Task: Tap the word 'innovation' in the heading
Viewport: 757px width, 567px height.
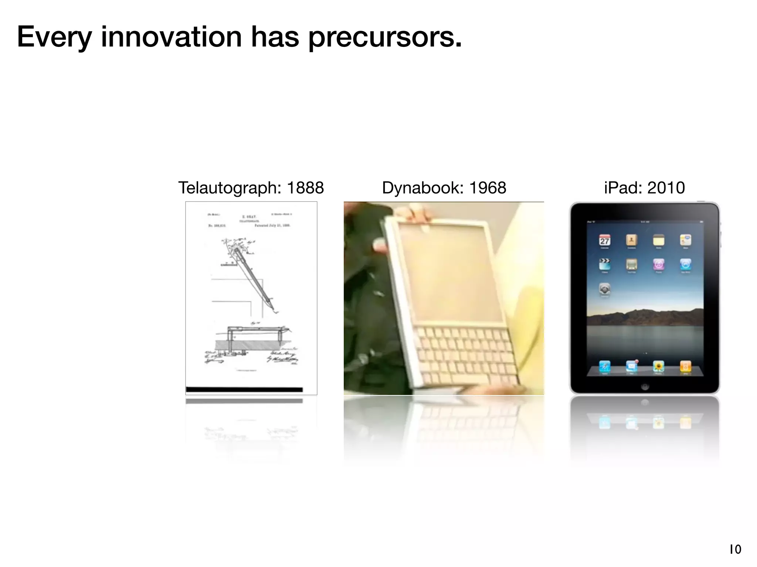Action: [x=172, y=37]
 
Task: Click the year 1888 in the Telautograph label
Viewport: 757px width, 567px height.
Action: [x=305, y=188]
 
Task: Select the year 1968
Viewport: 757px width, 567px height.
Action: [x=488, y=188]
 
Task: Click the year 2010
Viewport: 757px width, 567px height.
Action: [x=666, y=188]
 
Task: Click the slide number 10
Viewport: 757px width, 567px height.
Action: [x=735, y=549]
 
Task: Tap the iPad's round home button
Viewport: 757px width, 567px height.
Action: [x=645, y=386]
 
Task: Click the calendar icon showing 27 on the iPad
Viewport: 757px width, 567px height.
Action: [x=605, y=240]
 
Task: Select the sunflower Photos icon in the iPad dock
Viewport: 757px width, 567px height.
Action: [x=658, y=366]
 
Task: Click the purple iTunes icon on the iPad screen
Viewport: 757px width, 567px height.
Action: [x=659, y=264]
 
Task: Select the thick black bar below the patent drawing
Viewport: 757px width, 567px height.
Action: [x=244, y=389]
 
